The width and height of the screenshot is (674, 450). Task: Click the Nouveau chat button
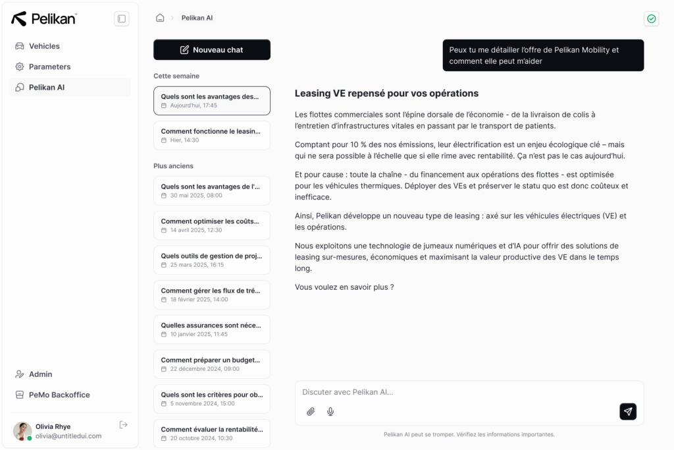211,49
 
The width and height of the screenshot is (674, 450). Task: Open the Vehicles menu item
44,46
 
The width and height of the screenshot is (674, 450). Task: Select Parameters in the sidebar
49,67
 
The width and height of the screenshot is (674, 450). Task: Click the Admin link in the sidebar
40,374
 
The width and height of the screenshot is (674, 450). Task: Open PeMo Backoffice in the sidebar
59,395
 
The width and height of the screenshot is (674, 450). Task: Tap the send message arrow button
628,412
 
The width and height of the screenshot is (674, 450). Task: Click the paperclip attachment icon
311,412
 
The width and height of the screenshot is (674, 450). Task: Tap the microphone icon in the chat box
330,412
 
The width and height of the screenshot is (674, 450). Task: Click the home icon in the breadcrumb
160,18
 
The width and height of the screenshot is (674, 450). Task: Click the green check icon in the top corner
651,18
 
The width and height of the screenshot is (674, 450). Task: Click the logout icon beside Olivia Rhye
123,425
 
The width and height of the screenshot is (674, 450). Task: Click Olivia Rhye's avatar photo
22,431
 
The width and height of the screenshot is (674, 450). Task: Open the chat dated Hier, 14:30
211,135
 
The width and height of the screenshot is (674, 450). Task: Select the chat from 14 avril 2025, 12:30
211,225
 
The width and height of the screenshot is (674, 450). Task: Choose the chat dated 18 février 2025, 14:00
211,295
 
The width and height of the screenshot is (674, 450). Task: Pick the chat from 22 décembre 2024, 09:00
211,364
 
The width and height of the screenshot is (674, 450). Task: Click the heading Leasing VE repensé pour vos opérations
386,94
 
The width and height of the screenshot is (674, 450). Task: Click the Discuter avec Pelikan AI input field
454,392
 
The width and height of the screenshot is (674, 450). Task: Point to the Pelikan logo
44,18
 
